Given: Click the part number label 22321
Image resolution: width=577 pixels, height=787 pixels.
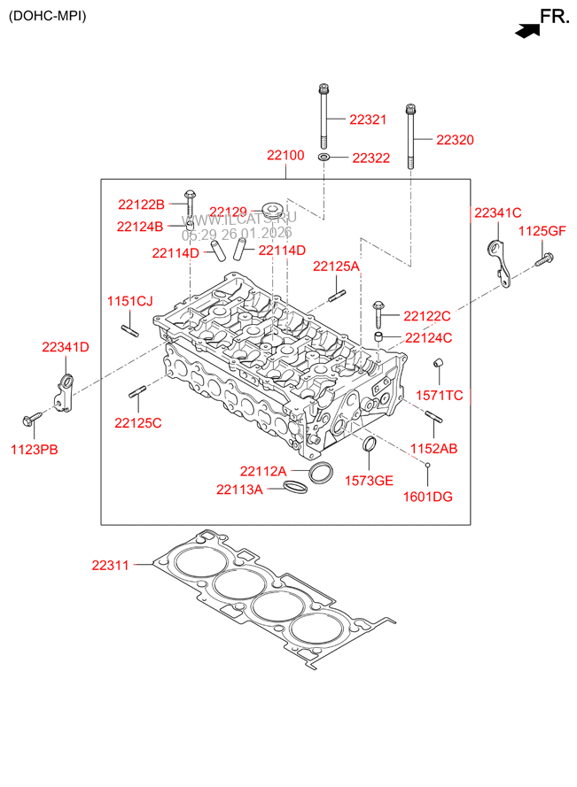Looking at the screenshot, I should [x=368, y=119].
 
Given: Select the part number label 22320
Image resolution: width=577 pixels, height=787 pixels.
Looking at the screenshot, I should [x=454, y=140].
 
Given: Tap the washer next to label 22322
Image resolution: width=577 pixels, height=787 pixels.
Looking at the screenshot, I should [x=325, y=158].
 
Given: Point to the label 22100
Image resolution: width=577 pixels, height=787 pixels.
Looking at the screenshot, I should [x=285, y=156].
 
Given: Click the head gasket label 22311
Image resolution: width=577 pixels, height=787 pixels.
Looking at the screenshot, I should [x=111, y=564].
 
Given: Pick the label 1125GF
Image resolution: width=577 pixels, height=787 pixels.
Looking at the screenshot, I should [x=542, y=231].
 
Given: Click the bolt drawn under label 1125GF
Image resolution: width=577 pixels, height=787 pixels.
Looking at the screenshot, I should [x=544, y=259].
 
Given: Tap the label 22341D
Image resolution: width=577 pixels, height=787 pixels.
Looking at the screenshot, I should [x=66, y=347].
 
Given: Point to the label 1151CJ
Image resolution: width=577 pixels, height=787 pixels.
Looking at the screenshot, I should [x=130, y=301].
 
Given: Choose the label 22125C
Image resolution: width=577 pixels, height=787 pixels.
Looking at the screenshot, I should [x=137, y=423].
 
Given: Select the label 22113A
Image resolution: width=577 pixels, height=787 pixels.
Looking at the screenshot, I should [x=239, y=489].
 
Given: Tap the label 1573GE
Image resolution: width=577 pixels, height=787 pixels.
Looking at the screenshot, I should [x=369, y=481].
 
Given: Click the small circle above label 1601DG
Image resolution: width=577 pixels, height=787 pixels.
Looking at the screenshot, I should [x=426, y=464].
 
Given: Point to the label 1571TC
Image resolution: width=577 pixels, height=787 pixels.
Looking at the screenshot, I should [x=440, y=396].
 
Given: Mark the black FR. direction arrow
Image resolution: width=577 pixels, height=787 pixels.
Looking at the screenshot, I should [x=526, y=31].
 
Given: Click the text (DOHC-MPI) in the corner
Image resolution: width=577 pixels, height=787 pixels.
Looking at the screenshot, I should [x=48, y=16].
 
